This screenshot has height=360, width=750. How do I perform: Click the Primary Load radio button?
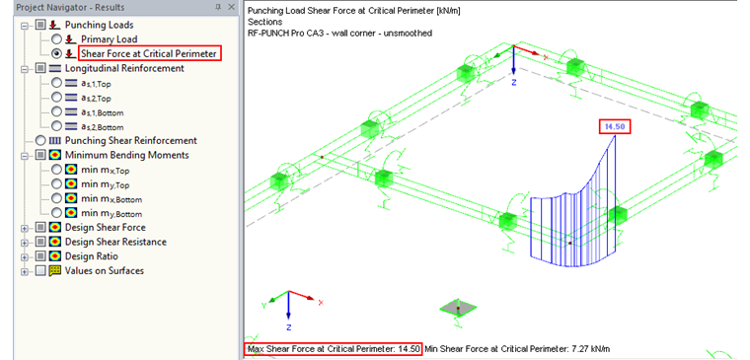point(57,38)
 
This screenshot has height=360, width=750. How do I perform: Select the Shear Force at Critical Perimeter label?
point(148,53)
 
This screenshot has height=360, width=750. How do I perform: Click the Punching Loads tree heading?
point(100,24)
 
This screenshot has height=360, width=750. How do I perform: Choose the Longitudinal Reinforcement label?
point(123,69)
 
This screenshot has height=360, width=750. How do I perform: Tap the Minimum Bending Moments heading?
point(126,155)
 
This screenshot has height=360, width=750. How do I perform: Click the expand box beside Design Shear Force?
point(24,227)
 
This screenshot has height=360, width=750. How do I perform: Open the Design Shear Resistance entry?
point(115,242)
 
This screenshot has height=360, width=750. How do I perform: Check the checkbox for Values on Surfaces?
point(38,270)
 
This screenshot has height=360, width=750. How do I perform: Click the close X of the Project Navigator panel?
point(231,7)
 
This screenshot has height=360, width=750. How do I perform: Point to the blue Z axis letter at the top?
point(514,84)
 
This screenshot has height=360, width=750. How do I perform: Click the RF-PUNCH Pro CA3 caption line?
point(339,34)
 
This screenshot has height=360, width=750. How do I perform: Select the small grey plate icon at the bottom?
point(453,308)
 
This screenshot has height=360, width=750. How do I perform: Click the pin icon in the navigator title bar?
point(218,7)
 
